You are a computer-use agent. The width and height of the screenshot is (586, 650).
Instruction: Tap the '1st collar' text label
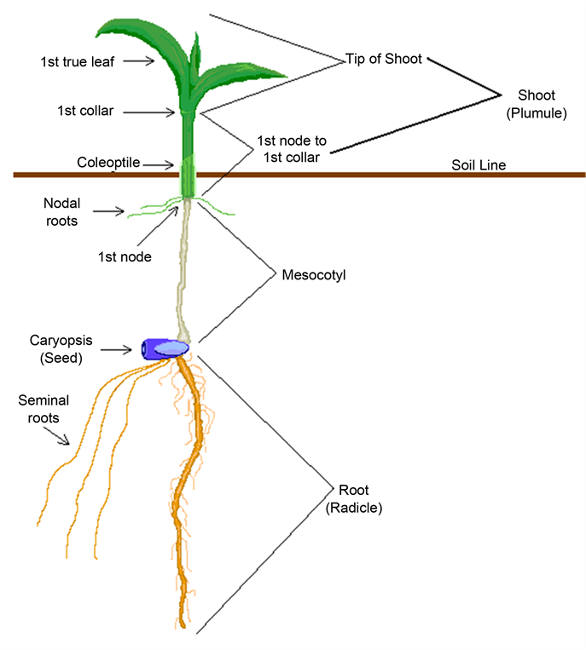tap(85, 111)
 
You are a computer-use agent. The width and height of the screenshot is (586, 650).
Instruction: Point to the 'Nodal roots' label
tap(61, 212)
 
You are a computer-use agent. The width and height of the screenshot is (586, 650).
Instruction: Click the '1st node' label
tap(125, 256)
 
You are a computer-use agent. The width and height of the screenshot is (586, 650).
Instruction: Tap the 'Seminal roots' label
tap(43, 408)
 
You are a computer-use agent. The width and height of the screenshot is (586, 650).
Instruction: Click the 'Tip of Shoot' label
tap(384, 60)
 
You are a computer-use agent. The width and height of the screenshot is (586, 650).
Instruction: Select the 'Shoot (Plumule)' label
tap(536, 103)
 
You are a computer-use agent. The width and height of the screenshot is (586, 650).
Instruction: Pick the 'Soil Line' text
tap(479, 165)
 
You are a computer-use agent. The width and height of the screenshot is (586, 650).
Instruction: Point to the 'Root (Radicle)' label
tap(353, 498)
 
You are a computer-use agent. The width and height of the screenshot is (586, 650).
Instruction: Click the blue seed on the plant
tap(165, 348)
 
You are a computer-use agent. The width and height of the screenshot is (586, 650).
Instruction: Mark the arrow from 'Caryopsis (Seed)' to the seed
tap(120, 348)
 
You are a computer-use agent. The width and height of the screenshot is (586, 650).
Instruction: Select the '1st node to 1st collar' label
tap(292, 148)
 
